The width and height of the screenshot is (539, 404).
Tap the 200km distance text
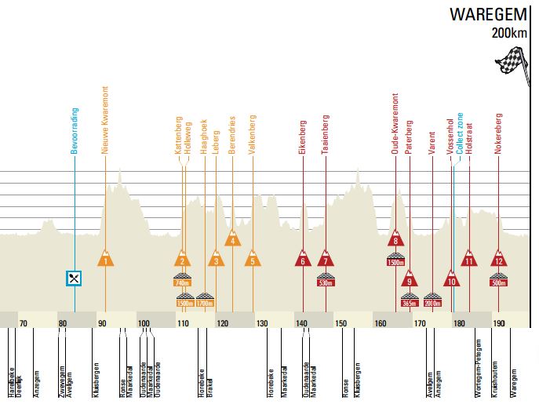510,33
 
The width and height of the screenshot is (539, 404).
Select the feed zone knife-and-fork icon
74,278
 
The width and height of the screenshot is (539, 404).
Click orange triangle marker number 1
105,260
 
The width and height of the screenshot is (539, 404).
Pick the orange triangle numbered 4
232,239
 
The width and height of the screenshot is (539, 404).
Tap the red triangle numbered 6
303,260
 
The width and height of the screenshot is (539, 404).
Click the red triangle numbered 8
396,240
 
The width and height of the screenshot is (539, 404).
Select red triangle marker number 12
498,260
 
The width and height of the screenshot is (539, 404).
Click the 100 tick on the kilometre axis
144,322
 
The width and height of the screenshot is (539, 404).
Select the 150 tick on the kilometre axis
341,322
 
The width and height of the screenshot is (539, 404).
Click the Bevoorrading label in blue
75,129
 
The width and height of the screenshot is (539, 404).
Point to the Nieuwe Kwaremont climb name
105,125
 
